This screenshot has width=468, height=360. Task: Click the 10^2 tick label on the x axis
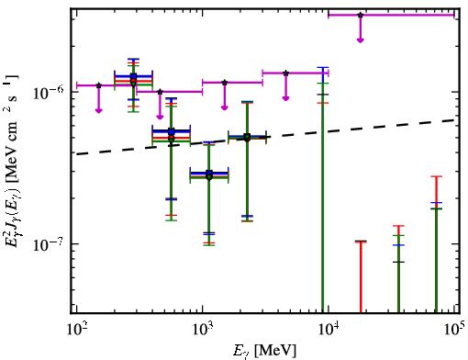[77, 329]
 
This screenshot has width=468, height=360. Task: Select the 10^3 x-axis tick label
[204, 329]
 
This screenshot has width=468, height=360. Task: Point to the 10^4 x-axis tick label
[329, 329]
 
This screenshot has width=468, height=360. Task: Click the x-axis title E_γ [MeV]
[264, 351]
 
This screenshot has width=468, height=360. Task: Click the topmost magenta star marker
[361, 15]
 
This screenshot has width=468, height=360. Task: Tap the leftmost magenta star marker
[98, 85]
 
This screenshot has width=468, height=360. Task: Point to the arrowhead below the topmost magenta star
[361, 40]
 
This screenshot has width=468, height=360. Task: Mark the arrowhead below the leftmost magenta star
[98, 110]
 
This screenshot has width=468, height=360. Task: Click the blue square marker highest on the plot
[133, 76]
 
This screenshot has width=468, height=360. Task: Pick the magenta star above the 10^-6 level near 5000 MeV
[285, 73]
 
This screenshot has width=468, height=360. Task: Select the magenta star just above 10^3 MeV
[225, 83]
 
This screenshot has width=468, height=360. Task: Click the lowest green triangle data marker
[209, 177]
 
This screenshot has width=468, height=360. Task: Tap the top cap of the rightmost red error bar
[436, 176]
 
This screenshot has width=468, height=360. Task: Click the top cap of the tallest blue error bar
[323, 67]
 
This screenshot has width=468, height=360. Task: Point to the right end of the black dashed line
[454, 120]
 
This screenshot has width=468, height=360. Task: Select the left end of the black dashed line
[77, 154]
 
